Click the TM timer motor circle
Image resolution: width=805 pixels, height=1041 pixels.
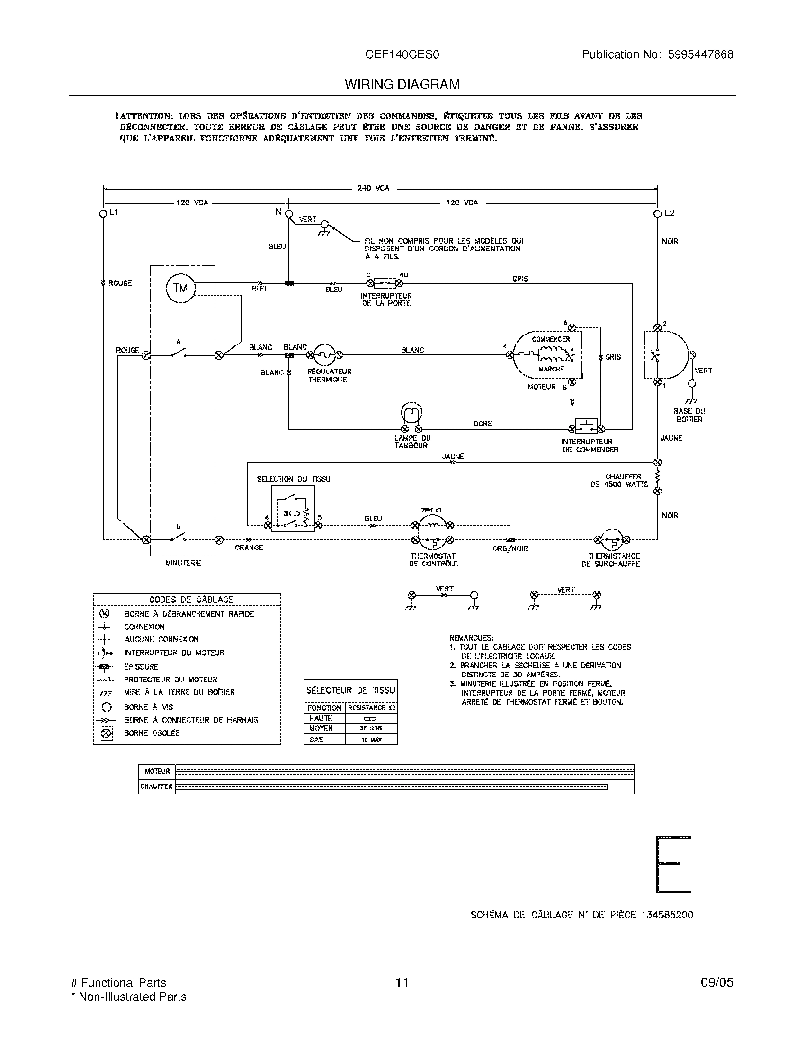[x=180, y=288]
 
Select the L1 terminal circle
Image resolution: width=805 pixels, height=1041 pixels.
[x=103, y=213]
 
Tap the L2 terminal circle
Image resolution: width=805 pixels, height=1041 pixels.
[x=658, y=213]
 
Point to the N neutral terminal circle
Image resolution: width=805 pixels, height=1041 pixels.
[x=289, y=214]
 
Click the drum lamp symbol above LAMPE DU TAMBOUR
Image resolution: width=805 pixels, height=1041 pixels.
[x=411, y=413]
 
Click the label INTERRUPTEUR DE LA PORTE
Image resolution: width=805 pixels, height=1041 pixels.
[x=386, y=300]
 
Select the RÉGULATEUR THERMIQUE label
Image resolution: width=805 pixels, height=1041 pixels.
[x=329, y=375]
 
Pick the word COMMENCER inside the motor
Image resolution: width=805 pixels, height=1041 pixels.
[x=551, y=339]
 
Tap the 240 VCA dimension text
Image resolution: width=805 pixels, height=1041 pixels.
[x=374, y=188]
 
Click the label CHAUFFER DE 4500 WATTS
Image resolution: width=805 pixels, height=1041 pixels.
[x=619, y=480]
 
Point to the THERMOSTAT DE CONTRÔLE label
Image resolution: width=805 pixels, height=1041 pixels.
[x=433, y=560]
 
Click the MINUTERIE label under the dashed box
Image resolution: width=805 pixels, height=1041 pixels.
[x=183, y=563]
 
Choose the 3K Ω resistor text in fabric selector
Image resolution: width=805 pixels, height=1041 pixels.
[x=291, y=513]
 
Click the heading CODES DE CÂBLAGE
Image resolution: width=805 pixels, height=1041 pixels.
[x=191, y=600]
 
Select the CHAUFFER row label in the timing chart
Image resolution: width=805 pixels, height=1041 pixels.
[x=156, y=786]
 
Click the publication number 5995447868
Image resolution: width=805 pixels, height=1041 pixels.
[x=700, y=54]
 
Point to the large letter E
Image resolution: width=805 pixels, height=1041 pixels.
[x=673, y=864]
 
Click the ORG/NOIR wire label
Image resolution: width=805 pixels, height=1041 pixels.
[x=510, y=548]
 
